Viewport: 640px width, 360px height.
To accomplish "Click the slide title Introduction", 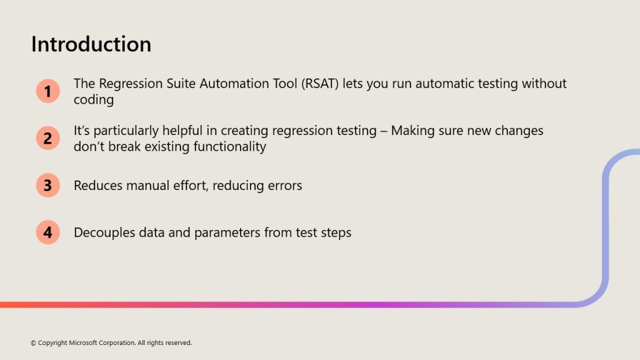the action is coord(91,44).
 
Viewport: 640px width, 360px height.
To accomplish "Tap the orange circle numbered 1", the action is coord(47,91).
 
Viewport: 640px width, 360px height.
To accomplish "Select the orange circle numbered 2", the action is coord(47,138).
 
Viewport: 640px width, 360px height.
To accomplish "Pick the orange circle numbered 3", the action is coord(47,185).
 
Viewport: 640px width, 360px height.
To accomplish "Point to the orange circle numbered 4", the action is coord(47,232).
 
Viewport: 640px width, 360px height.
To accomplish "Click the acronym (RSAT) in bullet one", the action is coord(320,84).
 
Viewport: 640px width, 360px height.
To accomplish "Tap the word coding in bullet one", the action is coord(94,100).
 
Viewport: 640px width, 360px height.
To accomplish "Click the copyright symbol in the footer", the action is coord(34,343).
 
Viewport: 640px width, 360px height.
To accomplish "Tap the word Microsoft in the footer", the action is coord(83,343).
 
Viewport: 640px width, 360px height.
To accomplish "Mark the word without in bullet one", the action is coord(544,84).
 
